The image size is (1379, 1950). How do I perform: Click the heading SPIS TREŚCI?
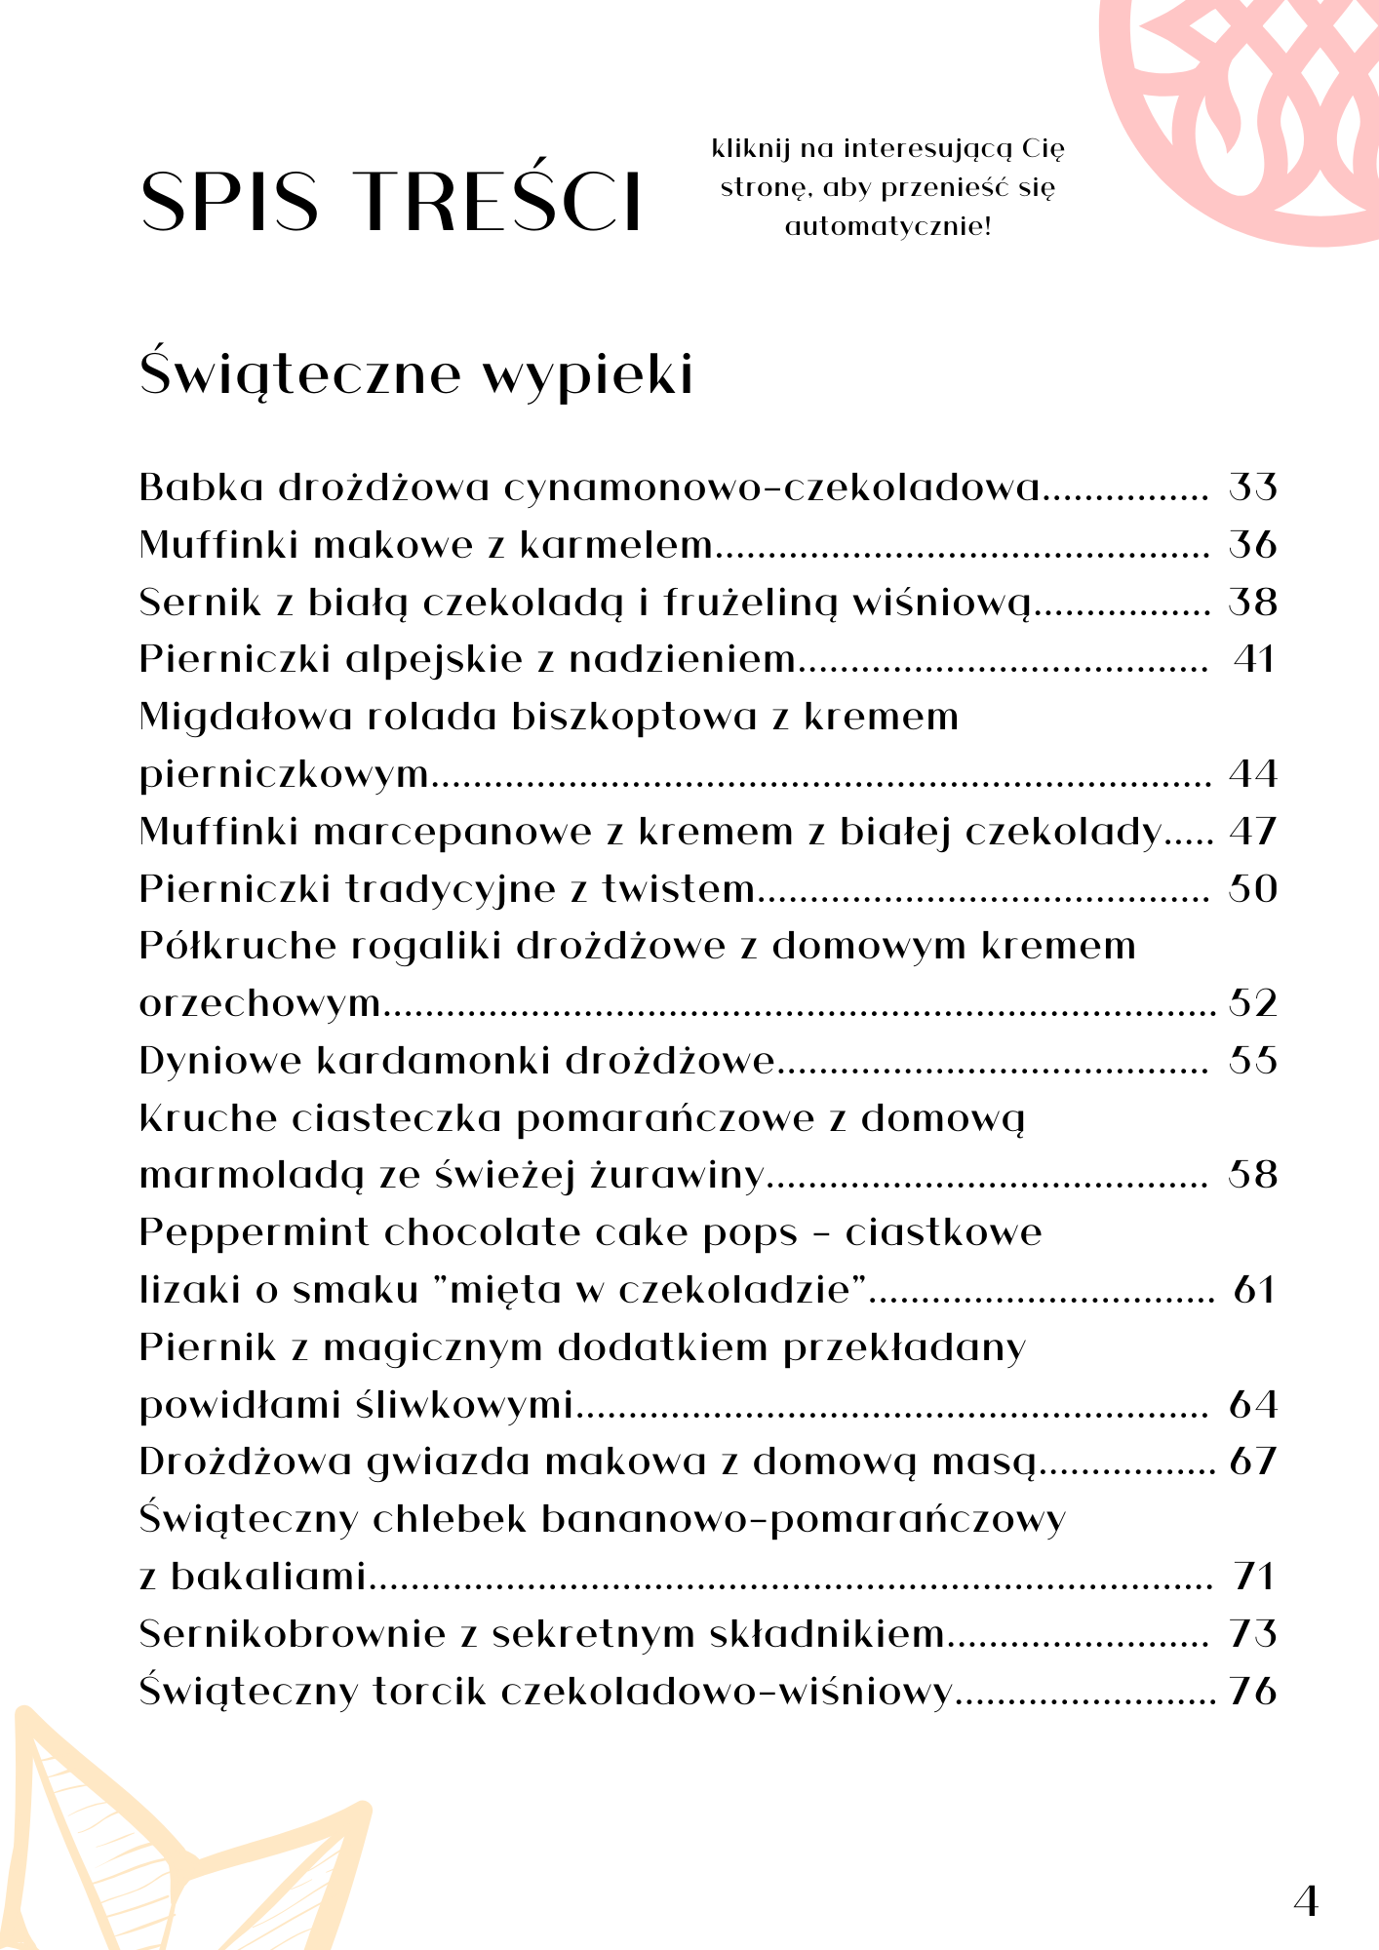pos(391,201)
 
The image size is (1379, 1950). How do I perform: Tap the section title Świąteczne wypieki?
pos(416,373)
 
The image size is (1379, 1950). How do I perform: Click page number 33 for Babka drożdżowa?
pos(1252,487)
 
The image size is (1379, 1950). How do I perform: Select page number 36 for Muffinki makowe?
pos(1252,544)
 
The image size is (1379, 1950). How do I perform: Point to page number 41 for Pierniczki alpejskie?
pos(1254,659)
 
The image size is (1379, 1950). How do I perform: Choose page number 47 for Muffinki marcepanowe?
pos(1252,832)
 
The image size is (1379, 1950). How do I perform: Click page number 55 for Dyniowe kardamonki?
pos(1252,1061)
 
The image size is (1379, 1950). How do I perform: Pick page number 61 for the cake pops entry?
pos(1254,1290)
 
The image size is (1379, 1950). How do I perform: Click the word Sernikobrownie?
pos(292,1633)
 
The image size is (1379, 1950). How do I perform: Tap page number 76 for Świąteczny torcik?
pos(1253,1691)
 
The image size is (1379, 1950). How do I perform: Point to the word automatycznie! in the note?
pos(887,227)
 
